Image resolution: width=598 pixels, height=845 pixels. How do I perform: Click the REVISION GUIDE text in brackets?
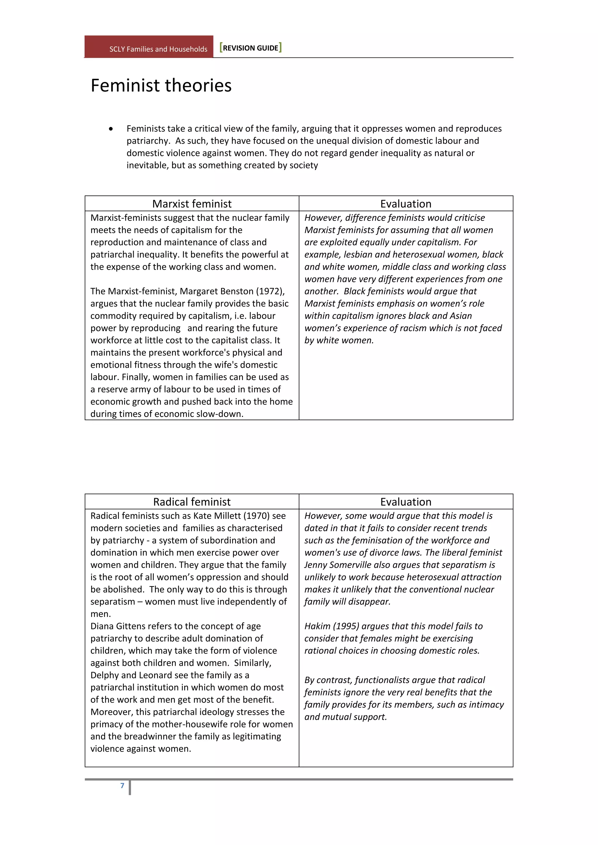pos(251,48)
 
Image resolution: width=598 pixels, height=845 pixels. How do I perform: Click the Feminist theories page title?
pos(161,85)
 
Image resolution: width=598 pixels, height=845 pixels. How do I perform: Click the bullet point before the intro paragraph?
pos(111,129)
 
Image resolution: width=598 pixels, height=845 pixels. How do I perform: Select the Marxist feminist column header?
pos(192,204)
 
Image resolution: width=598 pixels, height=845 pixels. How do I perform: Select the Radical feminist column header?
pos(192,502)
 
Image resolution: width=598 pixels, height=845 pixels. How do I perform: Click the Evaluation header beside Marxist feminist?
pos(406,204)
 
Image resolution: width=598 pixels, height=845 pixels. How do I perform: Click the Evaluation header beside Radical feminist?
pos(406,502)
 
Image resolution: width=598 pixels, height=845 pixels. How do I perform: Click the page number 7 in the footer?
pos(122,785)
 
